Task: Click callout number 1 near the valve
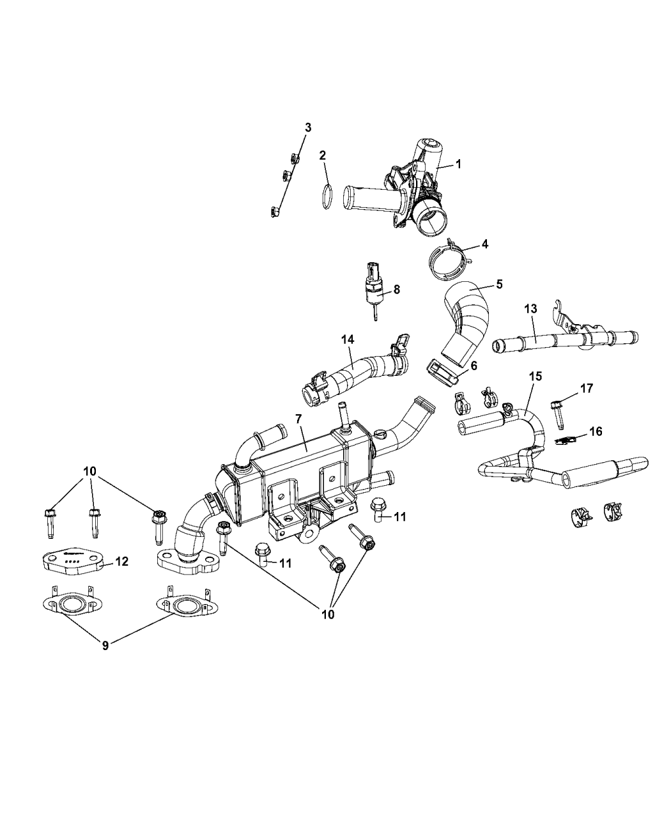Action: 458,164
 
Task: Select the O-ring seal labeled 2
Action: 326,196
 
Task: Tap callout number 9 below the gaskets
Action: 105,645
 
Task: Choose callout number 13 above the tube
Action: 531,308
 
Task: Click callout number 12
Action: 121,561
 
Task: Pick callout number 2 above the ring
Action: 323,155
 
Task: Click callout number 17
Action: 587,387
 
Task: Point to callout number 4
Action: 485,244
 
